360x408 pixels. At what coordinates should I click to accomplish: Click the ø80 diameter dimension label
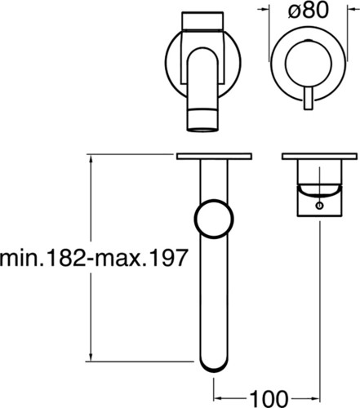coord(308,11)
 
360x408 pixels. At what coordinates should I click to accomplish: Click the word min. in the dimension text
coord(21,258)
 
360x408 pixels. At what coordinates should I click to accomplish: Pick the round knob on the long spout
coord(214,219)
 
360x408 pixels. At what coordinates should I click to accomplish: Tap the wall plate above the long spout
coord(214,156)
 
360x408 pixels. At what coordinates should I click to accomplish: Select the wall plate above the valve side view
coord(319,156)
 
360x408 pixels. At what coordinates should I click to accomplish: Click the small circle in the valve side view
coord(320,206)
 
